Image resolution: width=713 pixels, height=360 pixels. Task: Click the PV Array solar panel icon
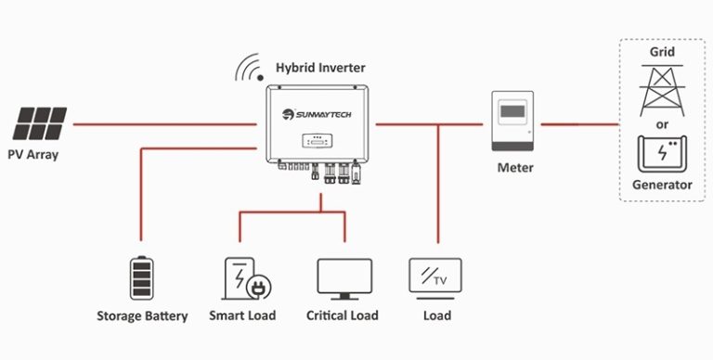point(41,122)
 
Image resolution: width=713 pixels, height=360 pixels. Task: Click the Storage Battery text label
point(142,316)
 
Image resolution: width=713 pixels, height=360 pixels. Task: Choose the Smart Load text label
point(242,315)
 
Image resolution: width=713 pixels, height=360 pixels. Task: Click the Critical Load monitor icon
point(344,277)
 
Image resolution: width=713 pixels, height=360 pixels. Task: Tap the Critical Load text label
point(343,315)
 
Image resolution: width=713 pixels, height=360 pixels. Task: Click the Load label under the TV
point(436,315)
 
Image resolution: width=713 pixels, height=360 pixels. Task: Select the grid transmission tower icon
point(661,89)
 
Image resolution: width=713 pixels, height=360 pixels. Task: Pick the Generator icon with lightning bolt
point(661,153)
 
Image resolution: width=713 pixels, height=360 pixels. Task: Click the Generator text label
point(661,186)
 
